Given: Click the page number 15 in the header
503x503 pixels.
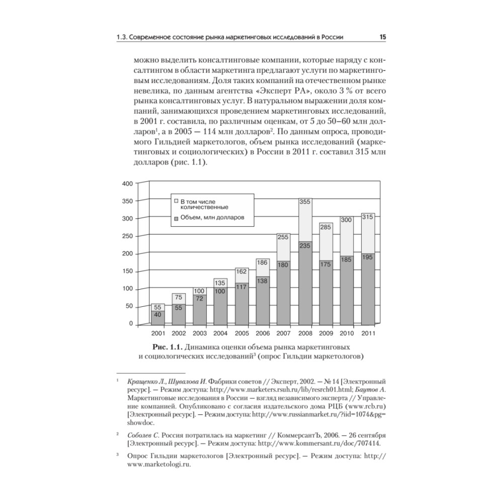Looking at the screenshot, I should point(382,37).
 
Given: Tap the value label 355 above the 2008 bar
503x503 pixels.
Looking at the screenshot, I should point(305,202).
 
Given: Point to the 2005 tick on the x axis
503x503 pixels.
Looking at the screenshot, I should point(242,333).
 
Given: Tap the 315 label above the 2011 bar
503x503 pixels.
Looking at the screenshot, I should point(368,217).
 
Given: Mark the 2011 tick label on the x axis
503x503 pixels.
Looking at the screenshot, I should point(368,333).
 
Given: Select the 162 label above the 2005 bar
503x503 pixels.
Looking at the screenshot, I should point(242,272).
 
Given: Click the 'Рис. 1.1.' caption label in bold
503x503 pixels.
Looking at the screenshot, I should point(168,347).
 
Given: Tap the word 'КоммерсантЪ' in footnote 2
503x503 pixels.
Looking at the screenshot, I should point(285,434).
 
